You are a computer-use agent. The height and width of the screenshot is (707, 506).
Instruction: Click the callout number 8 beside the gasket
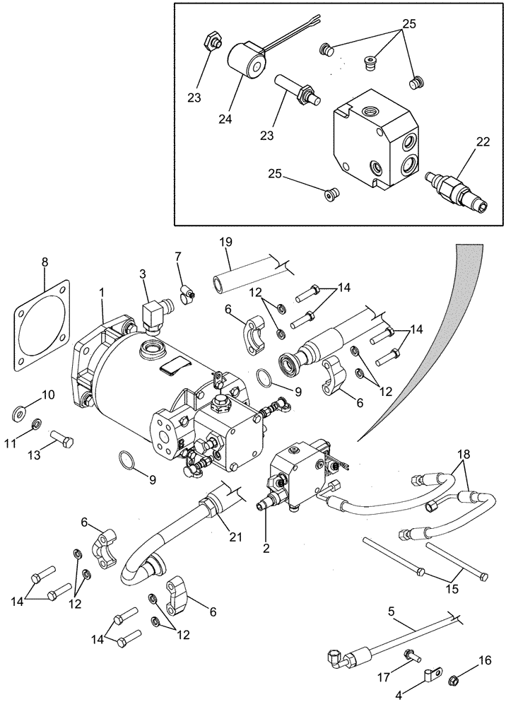coord(45,262)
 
